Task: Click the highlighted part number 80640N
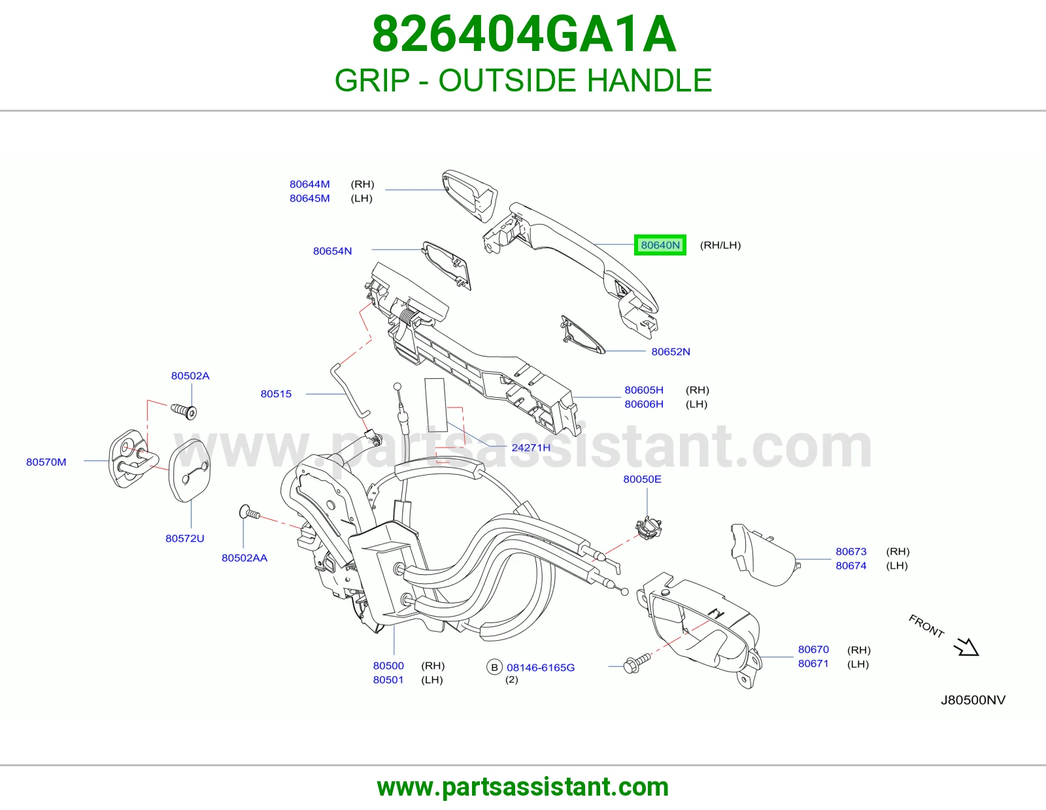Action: click(x=660, y=246)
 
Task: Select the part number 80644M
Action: click(x=309, y=184)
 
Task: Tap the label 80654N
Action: click(x=332, y=251)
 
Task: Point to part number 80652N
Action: click(x=671, y=351)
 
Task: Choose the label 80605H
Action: click(x=643, y=390)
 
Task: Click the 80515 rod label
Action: click(x=276, y=394)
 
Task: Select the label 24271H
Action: click(x=530, y=448)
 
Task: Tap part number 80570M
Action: click(x=46, y=462)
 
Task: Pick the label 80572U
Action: click(x=185, y=539)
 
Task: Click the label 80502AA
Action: click(x=244, y=558)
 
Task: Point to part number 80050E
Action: click(x=642, y=479)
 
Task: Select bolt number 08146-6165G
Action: click(x=541, y=668)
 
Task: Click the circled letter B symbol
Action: click(x=494, y=668)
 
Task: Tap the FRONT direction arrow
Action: click(x=966, y=647)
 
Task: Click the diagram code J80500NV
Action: click(x=973, y=700)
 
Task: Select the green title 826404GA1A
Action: click(x=524, y=34)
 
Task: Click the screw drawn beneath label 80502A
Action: click(x=184, y=412)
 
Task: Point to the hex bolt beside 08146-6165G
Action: click(x=636, y=663)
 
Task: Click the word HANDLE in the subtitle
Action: click(x=649, y=80)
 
